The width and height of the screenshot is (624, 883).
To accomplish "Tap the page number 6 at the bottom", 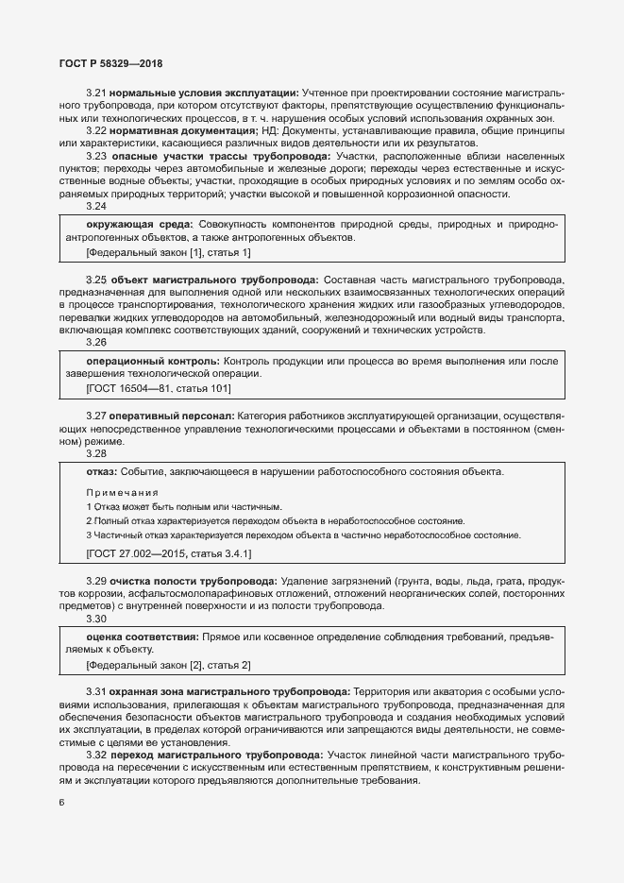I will point(61,803).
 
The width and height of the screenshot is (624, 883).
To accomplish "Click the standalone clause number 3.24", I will point(96,206).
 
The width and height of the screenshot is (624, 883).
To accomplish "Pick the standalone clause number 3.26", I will point(96,343).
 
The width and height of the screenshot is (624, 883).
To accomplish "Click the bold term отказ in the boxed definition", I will point(101,471).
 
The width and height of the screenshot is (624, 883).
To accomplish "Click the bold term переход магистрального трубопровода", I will point(216,755).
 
